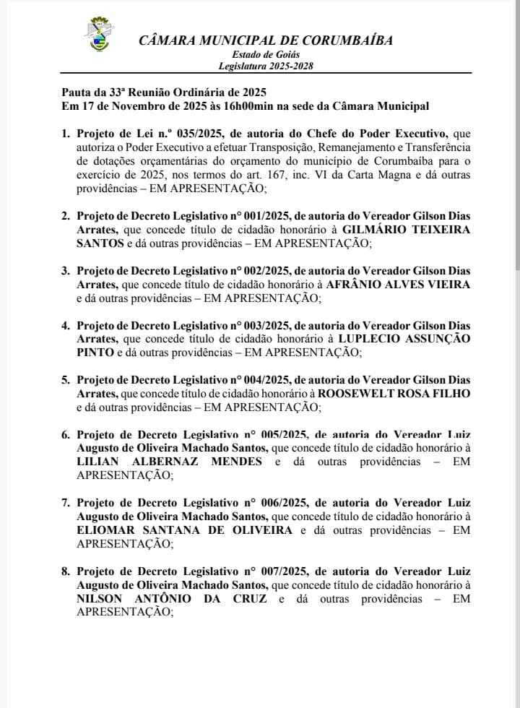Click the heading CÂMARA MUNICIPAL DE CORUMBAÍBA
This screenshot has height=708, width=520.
(266, 40)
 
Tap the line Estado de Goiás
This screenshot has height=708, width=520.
(266, 55)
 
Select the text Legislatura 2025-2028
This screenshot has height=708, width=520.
(266, 66)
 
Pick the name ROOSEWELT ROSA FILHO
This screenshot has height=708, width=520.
(394, 393)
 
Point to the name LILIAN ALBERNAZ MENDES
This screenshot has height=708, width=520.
(170, 462)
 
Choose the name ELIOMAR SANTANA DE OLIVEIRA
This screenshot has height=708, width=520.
(185, 530)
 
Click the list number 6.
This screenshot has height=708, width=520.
(65, 435)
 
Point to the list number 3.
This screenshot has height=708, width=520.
(65, 271)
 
